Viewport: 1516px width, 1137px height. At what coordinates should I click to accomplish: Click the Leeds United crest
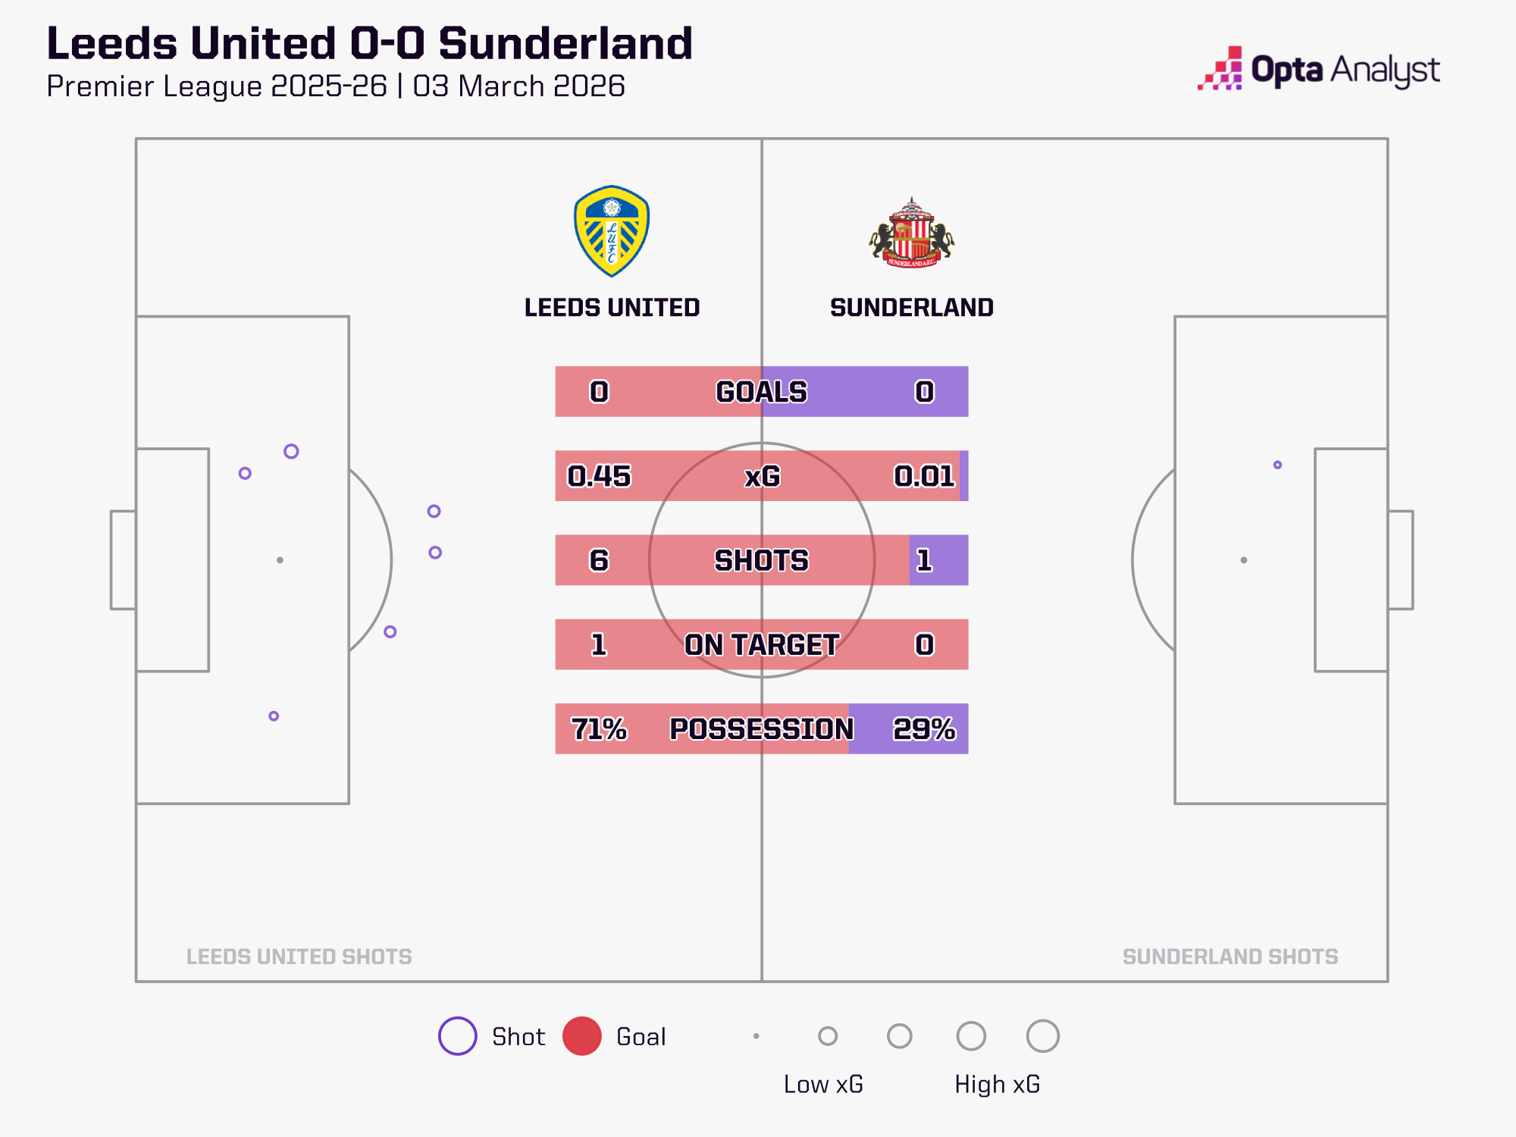pos(612,231)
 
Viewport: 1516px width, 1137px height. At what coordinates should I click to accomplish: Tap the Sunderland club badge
pos(912,233)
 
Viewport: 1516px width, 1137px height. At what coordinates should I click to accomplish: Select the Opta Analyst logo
pos(1319,70)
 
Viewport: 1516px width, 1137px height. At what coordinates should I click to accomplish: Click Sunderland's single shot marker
pos(1277,465)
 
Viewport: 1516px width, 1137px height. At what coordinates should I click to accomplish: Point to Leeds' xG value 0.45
pos(599,476)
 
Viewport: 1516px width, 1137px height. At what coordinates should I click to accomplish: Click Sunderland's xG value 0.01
pos(924,476)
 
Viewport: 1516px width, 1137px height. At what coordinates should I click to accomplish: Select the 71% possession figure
pos(599,728)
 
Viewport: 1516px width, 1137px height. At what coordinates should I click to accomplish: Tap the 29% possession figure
pos(924,728)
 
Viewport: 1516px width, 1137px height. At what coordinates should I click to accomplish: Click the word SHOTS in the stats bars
pos(761,560)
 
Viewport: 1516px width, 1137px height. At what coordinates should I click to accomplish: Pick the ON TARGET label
pos(761,644)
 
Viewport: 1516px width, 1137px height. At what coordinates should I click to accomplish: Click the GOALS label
pos(761,392)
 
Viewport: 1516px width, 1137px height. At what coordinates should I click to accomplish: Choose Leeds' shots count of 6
pos(599,560)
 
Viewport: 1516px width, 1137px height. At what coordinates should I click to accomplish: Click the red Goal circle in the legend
pos(581,1036)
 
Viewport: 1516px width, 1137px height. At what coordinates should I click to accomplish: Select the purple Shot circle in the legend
pos(458,1036)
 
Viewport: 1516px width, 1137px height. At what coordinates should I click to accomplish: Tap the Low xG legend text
pos(823,1084)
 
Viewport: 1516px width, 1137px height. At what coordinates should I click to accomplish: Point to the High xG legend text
pos(997,1084)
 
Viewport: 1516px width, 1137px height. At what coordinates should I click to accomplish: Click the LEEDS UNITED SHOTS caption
pos(299,957)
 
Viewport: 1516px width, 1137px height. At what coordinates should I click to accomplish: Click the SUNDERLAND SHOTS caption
pos(1229,957)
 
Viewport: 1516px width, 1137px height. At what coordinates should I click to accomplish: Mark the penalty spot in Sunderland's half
pos(1243,560)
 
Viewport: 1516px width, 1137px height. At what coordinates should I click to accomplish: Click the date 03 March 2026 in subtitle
pos(518,86)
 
